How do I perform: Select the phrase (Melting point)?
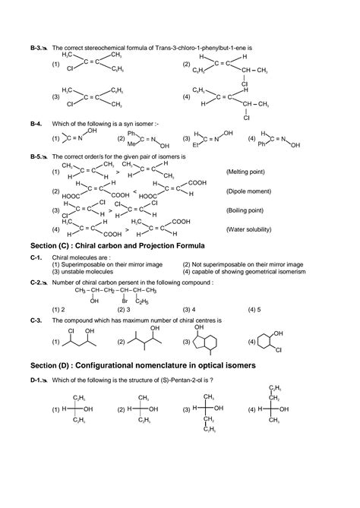coord(247,172)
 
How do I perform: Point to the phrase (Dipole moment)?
coord(248,191)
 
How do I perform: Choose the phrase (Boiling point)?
coord(245,210)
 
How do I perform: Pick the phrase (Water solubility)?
coord(250,229)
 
